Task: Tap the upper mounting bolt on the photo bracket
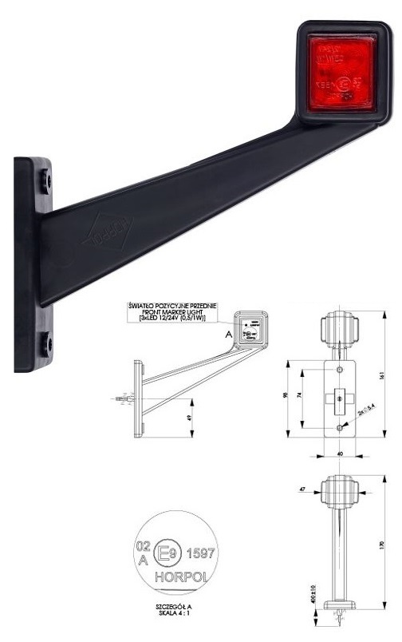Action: point(46,181)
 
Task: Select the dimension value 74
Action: point(301,398)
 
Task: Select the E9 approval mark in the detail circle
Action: point(167,552)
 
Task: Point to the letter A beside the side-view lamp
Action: point(228,336)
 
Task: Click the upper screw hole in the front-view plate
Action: point(340,368)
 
